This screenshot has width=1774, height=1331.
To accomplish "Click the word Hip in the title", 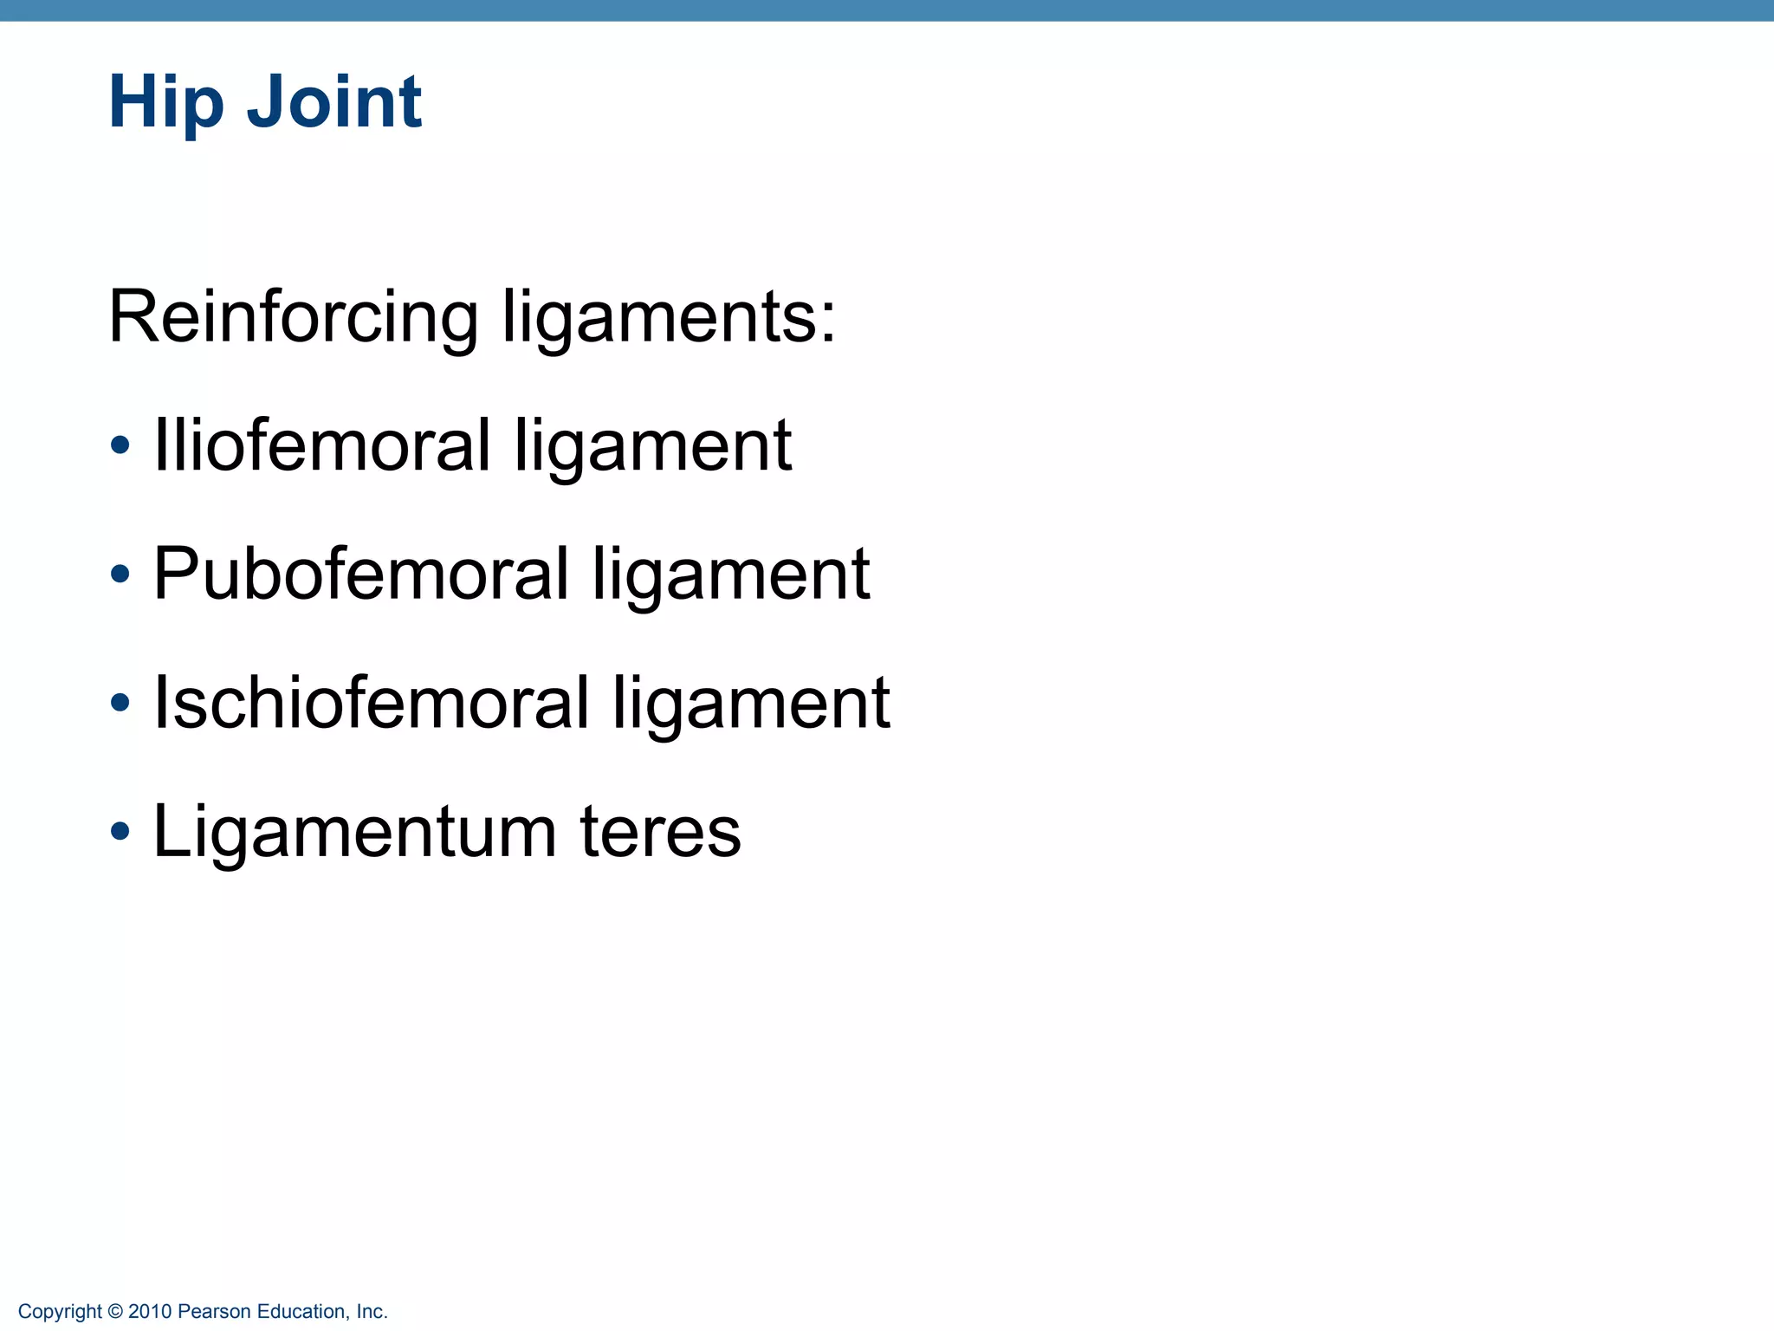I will tap(165, 102).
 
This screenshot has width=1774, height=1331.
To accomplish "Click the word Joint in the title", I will tap(334, 102).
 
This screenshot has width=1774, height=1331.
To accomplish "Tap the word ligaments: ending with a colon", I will tap(670, 317).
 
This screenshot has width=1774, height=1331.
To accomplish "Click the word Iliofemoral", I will tap(322, 445).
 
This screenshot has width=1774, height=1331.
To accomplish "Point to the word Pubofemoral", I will tap(361, 574).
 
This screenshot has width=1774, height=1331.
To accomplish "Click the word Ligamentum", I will tap(354, 832).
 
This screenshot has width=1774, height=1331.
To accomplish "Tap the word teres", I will tap(660, 832).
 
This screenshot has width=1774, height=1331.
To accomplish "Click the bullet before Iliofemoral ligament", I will tap(120, 445).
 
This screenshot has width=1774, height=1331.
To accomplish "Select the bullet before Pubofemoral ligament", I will tap(120, 574).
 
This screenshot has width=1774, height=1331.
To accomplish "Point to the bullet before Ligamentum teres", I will tap(120, 831).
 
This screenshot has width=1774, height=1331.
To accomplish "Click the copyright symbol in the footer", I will tap(115, 1312).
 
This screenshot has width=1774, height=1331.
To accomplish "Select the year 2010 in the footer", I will tap(150, 1312).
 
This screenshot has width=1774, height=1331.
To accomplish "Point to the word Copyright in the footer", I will tap(60, 1312).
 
